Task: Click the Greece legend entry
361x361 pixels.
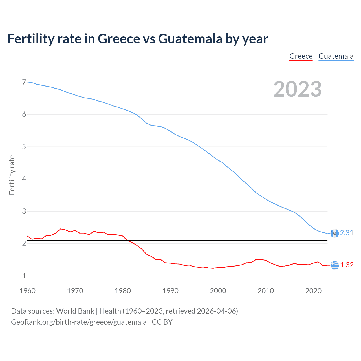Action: pos(301,56)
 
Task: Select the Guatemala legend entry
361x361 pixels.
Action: pos(336,56)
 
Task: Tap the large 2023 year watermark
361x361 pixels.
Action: pos(298,89)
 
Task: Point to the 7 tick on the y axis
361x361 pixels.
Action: pos(24,82)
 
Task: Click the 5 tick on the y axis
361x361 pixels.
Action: pos(24,147)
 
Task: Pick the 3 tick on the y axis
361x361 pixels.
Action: pos(24,211)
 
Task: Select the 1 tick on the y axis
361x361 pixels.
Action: pos(24,276)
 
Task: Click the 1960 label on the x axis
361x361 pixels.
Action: pos(27,291)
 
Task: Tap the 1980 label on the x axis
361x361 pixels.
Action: pos(123,291)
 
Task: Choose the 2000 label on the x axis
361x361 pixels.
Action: pos(218,291)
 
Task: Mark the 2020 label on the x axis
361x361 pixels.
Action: pos(313,291)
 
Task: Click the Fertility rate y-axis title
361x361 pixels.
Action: pos(12,175)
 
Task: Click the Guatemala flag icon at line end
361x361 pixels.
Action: pos(334,233)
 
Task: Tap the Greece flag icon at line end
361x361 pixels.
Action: pos(334,265)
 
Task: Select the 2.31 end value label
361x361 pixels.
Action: pos(347,233)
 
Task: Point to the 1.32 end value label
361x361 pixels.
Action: pos(347,265)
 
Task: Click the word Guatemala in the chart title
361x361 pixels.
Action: pos(190,39)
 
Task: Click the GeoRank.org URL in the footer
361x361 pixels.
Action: pos(79,322)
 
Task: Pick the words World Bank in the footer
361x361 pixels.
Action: pos(75,311)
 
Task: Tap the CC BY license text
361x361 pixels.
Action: pos(162,322)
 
